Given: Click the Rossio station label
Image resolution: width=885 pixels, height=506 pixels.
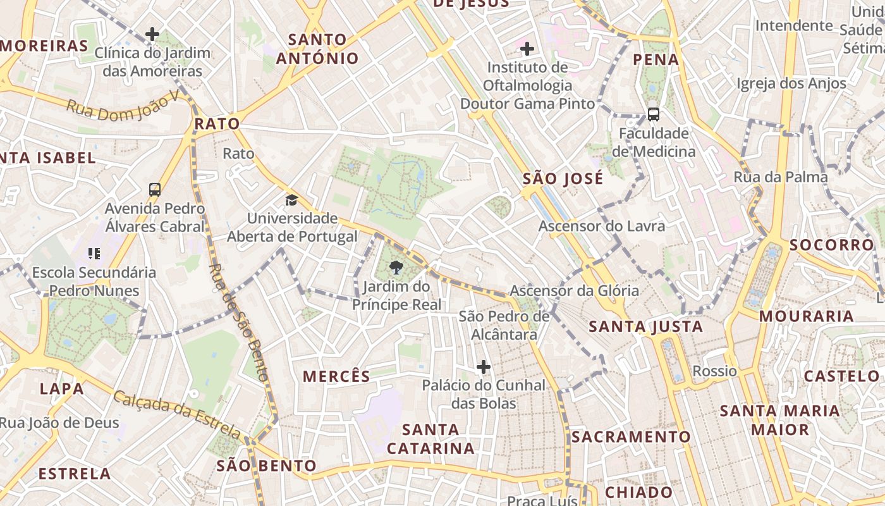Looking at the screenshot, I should pyautogui.click(x=715, y=371).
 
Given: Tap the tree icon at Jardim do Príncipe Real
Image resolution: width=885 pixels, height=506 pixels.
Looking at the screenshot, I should pyautogui.click(x=396, y=267).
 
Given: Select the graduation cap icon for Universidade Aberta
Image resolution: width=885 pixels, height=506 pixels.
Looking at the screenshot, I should pyautogui.click(x=291, y=201).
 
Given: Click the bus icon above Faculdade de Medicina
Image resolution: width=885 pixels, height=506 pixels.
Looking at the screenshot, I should pyautogui.click(x=654, y=114).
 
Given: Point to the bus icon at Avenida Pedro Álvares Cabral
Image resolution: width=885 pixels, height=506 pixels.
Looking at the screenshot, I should pyautogui.click(x=155, y=189).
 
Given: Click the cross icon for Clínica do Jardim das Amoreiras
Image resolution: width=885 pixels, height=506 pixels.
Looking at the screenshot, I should pyautogui.click(x=152, y=34).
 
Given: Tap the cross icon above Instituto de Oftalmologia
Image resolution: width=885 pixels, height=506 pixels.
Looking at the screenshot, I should pyautogui.click(x=527, y=48).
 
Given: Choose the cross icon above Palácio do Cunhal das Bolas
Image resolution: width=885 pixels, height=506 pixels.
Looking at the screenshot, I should pyautogui.click(x=484, y=367).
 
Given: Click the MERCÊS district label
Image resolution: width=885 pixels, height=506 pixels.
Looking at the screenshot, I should pyautogui.click(x=336, y=377).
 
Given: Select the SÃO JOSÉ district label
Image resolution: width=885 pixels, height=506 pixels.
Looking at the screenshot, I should pyautogui.click(x=563, y=179).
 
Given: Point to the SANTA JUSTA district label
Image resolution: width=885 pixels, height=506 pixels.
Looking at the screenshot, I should pyautogui.click(x=646, y=327).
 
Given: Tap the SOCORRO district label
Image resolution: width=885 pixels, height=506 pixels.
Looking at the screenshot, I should pyautogui.click(x=831, y=245).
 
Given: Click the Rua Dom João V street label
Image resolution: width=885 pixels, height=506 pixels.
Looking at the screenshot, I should pyautogui.click(x=124, y=108).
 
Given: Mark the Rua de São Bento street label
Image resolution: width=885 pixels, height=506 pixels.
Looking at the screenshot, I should pyautogui.click(x=240, y=322).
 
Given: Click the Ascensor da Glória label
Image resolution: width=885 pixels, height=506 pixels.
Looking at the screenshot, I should pyautogui.click(x=574, y=291).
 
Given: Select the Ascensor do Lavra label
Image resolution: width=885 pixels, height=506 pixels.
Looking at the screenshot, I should pyautogui.click(x=601, y=226).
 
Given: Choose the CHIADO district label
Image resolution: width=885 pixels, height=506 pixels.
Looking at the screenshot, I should pyautogui.click(x=638, y=492).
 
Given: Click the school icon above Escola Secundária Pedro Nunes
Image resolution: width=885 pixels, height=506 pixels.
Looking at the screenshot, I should pyautogui.click(x=94, y=254).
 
